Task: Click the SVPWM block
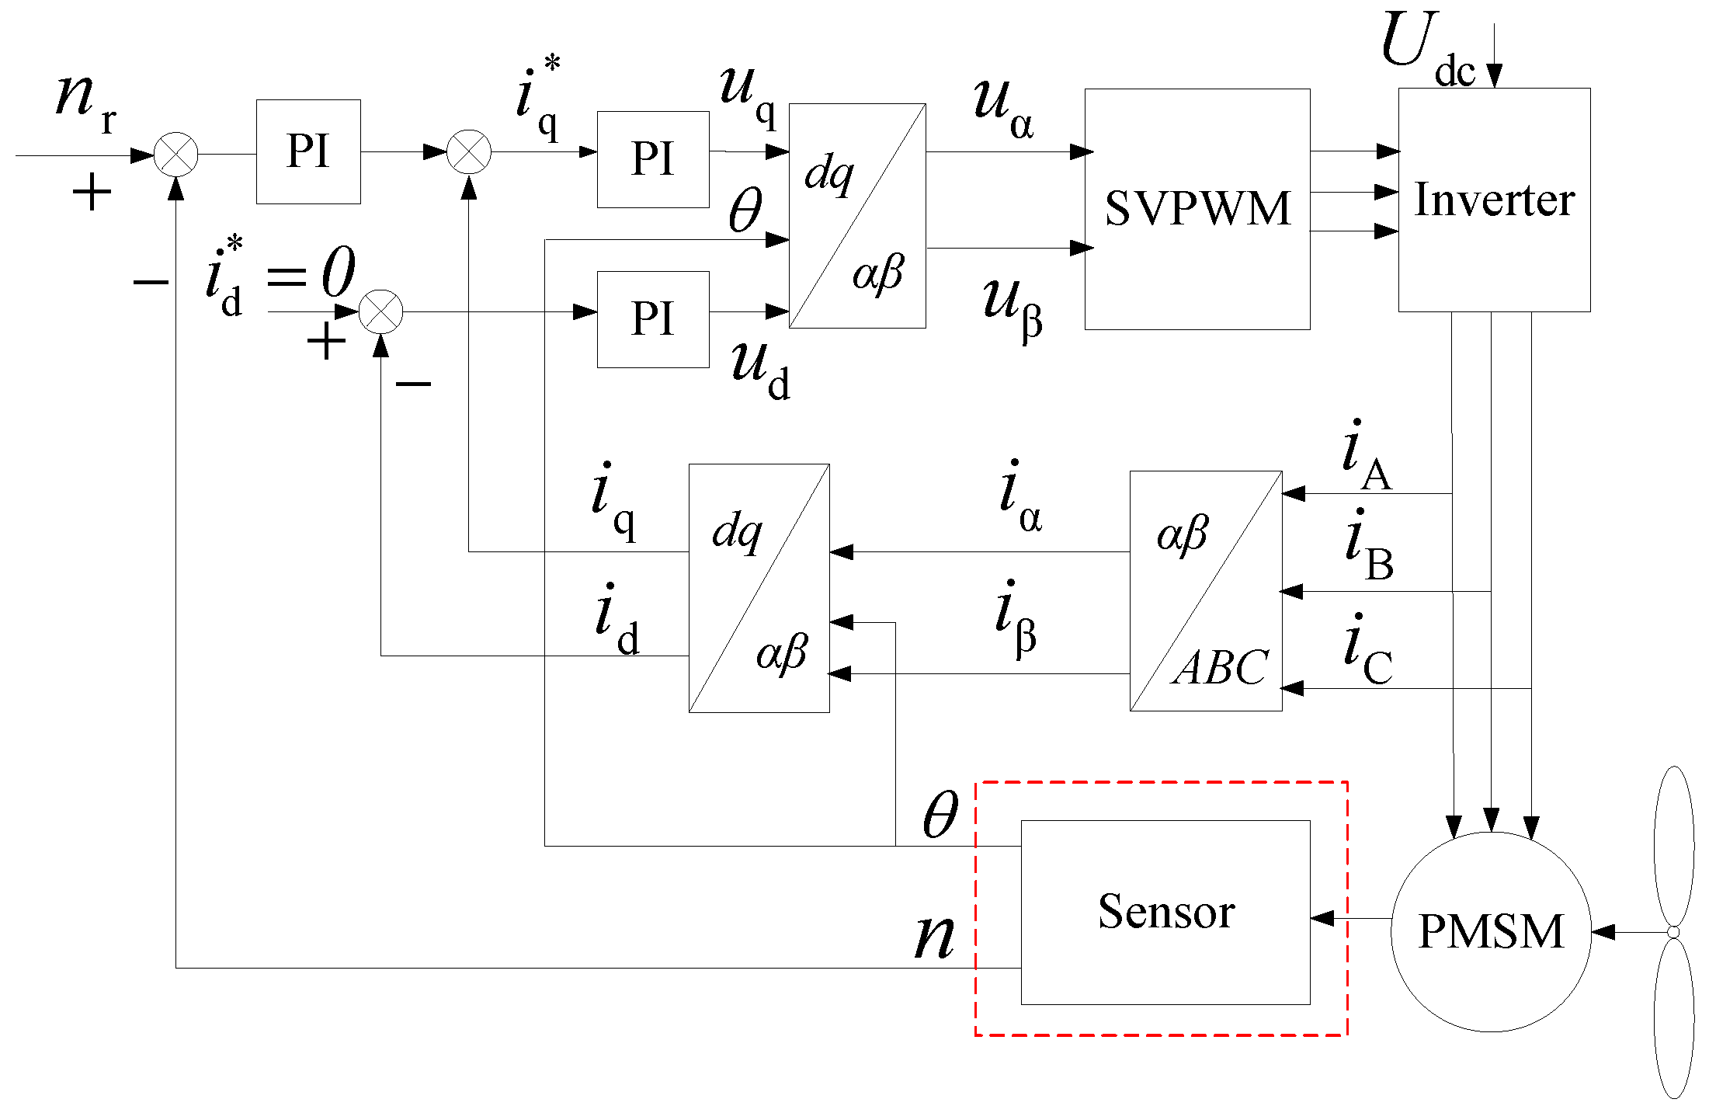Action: [1197, 209]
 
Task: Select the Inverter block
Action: [1493, 200]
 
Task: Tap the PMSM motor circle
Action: [1490, 931]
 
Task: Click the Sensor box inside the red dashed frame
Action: [1165, 912]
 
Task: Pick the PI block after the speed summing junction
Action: [308, 151]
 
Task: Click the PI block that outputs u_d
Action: [652, 318]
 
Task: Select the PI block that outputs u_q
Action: [652, 159]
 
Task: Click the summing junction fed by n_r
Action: [176, 155]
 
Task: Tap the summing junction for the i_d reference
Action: [380, 311]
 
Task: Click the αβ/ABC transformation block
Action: [1205, 590]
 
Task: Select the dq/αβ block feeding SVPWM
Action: [856, 216]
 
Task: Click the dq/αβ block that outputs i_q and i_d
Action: [759, 588]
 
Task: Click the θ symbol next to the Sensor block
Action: [940, 816]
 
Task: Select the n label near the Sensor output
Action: [934, 937]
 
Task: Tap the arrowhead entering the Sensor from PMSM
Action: [1322, 919]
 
